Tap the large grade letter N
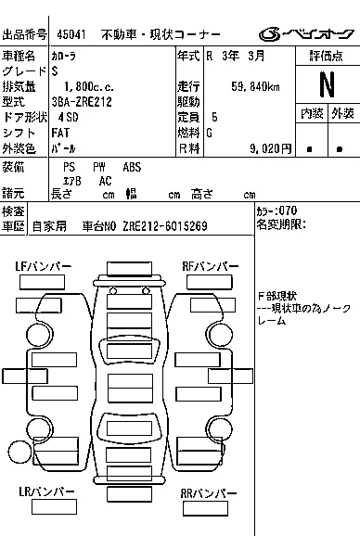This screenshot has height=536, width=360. tap(327, 84)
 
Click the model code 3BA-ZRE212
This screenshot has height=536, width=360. tap(83, 101)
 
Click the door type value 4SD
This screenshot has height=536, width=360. tap(68, 117)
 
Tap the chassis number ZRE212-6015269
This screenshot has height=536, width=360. tap(164, 225)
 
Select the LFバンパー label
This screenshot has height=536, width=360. tap(44, 266)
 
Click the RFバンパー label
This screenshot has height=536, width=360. tap(209, 266)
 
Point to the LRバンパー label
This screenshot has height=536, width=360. tap(46, 491)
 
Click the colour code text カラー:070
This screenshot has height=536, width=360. tap(277, 211)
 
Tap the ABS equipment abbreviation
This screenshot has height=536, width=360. tap(133, 167)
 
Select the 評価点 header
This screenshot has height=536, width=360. tap(327, 57)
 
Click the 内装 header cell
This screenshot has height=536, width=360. tap(312, 113)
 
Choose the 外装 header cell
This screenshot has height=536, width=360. tap(342, 113)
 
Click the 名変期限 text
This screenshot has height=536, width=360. tap(280, 224)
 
